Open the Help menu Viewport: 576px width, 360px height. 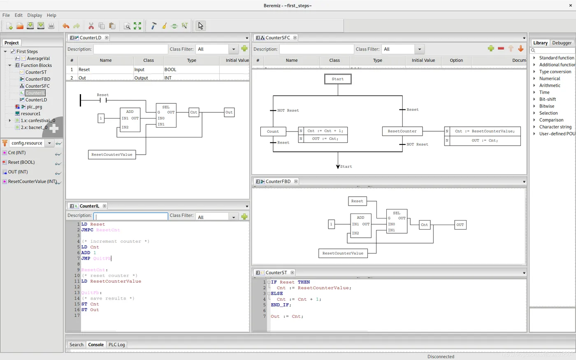point(51,15)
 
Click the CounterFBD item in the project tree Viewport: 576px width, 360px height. point(37,79)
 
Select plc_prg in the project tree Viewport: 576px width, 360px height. point(34,107)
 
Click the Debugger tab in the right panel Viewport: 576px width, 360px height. point(562,43)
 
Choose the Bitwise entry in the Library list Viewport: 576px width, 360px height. point(546,106)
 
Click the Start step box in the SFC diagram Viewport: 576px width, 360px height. point(338,79)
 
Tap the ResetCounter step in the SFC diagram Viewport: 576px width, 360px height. point(402,131)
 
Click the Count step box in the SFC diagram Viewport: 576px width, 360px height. point(273,132)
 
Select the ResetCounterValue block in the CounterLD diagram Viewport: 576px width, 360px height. point(112,155)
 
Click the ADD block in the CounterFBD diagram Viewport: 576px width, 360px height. point(360,225)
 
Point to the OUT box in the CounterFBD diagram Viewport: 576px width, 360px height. point(460,225)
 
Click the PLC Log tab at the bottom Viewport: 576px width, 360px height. point(116,345)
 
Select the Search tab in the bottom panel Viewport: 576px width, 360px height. point(76,345)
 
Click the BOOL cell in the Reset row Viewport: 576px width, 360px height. point(170,70)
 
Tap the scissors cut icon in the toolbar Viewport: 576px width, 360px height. point(91,26)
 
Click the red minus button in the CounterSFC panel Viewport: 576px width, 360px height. point(501,49)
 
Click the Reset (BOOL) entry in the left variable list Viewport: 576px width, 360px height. point(21,162)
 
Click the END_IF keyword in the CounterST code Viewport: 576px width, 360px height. point(281,305)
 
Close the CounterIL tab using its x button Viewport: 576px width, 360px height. point(105,206)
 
